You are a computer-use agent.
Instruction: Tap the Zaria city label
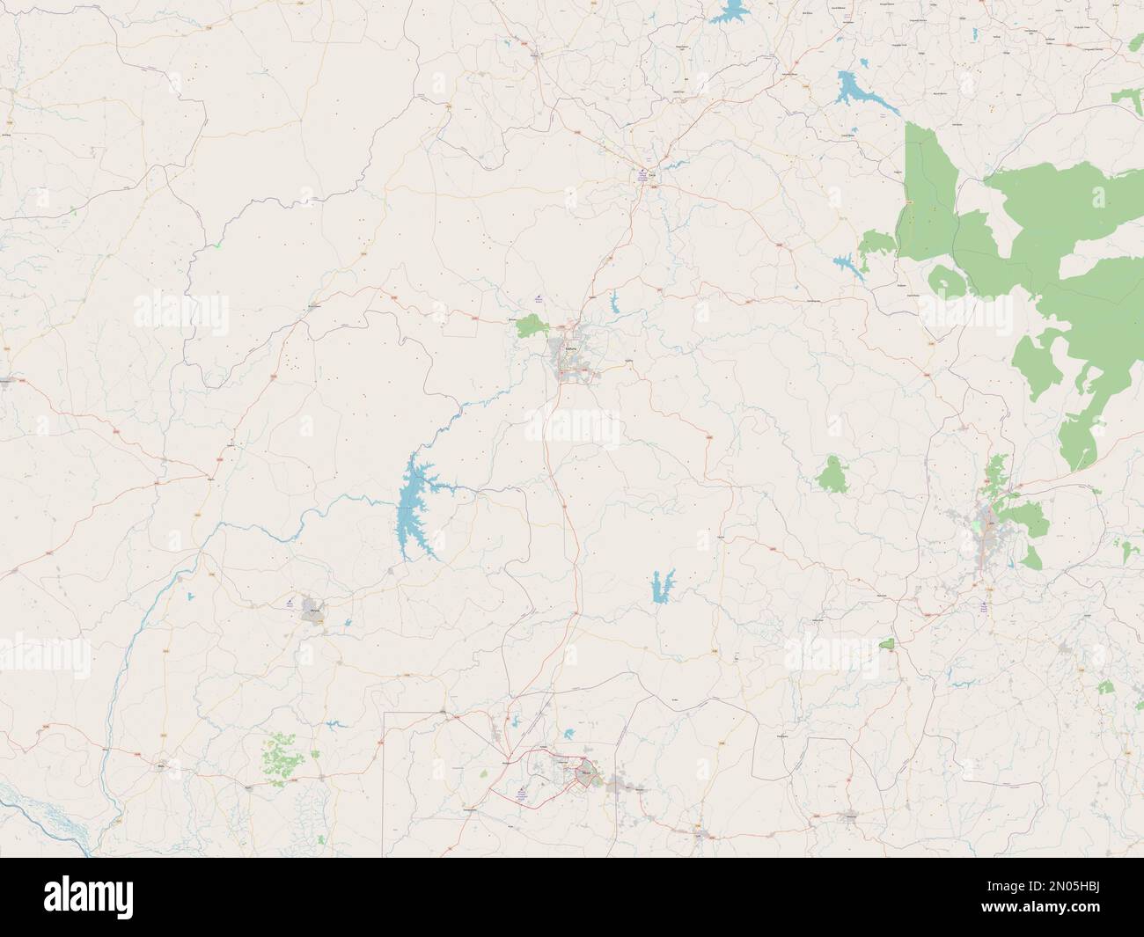pos(652,175)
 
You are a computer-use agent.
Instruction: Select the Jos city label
pos(992,523)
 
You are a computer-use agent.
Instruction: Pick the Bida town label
pos(161,765)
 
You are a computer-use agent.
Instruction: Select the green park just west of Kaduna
pos(532,326)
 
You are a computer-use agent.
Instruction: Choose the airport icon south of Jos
pos(984,604)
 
